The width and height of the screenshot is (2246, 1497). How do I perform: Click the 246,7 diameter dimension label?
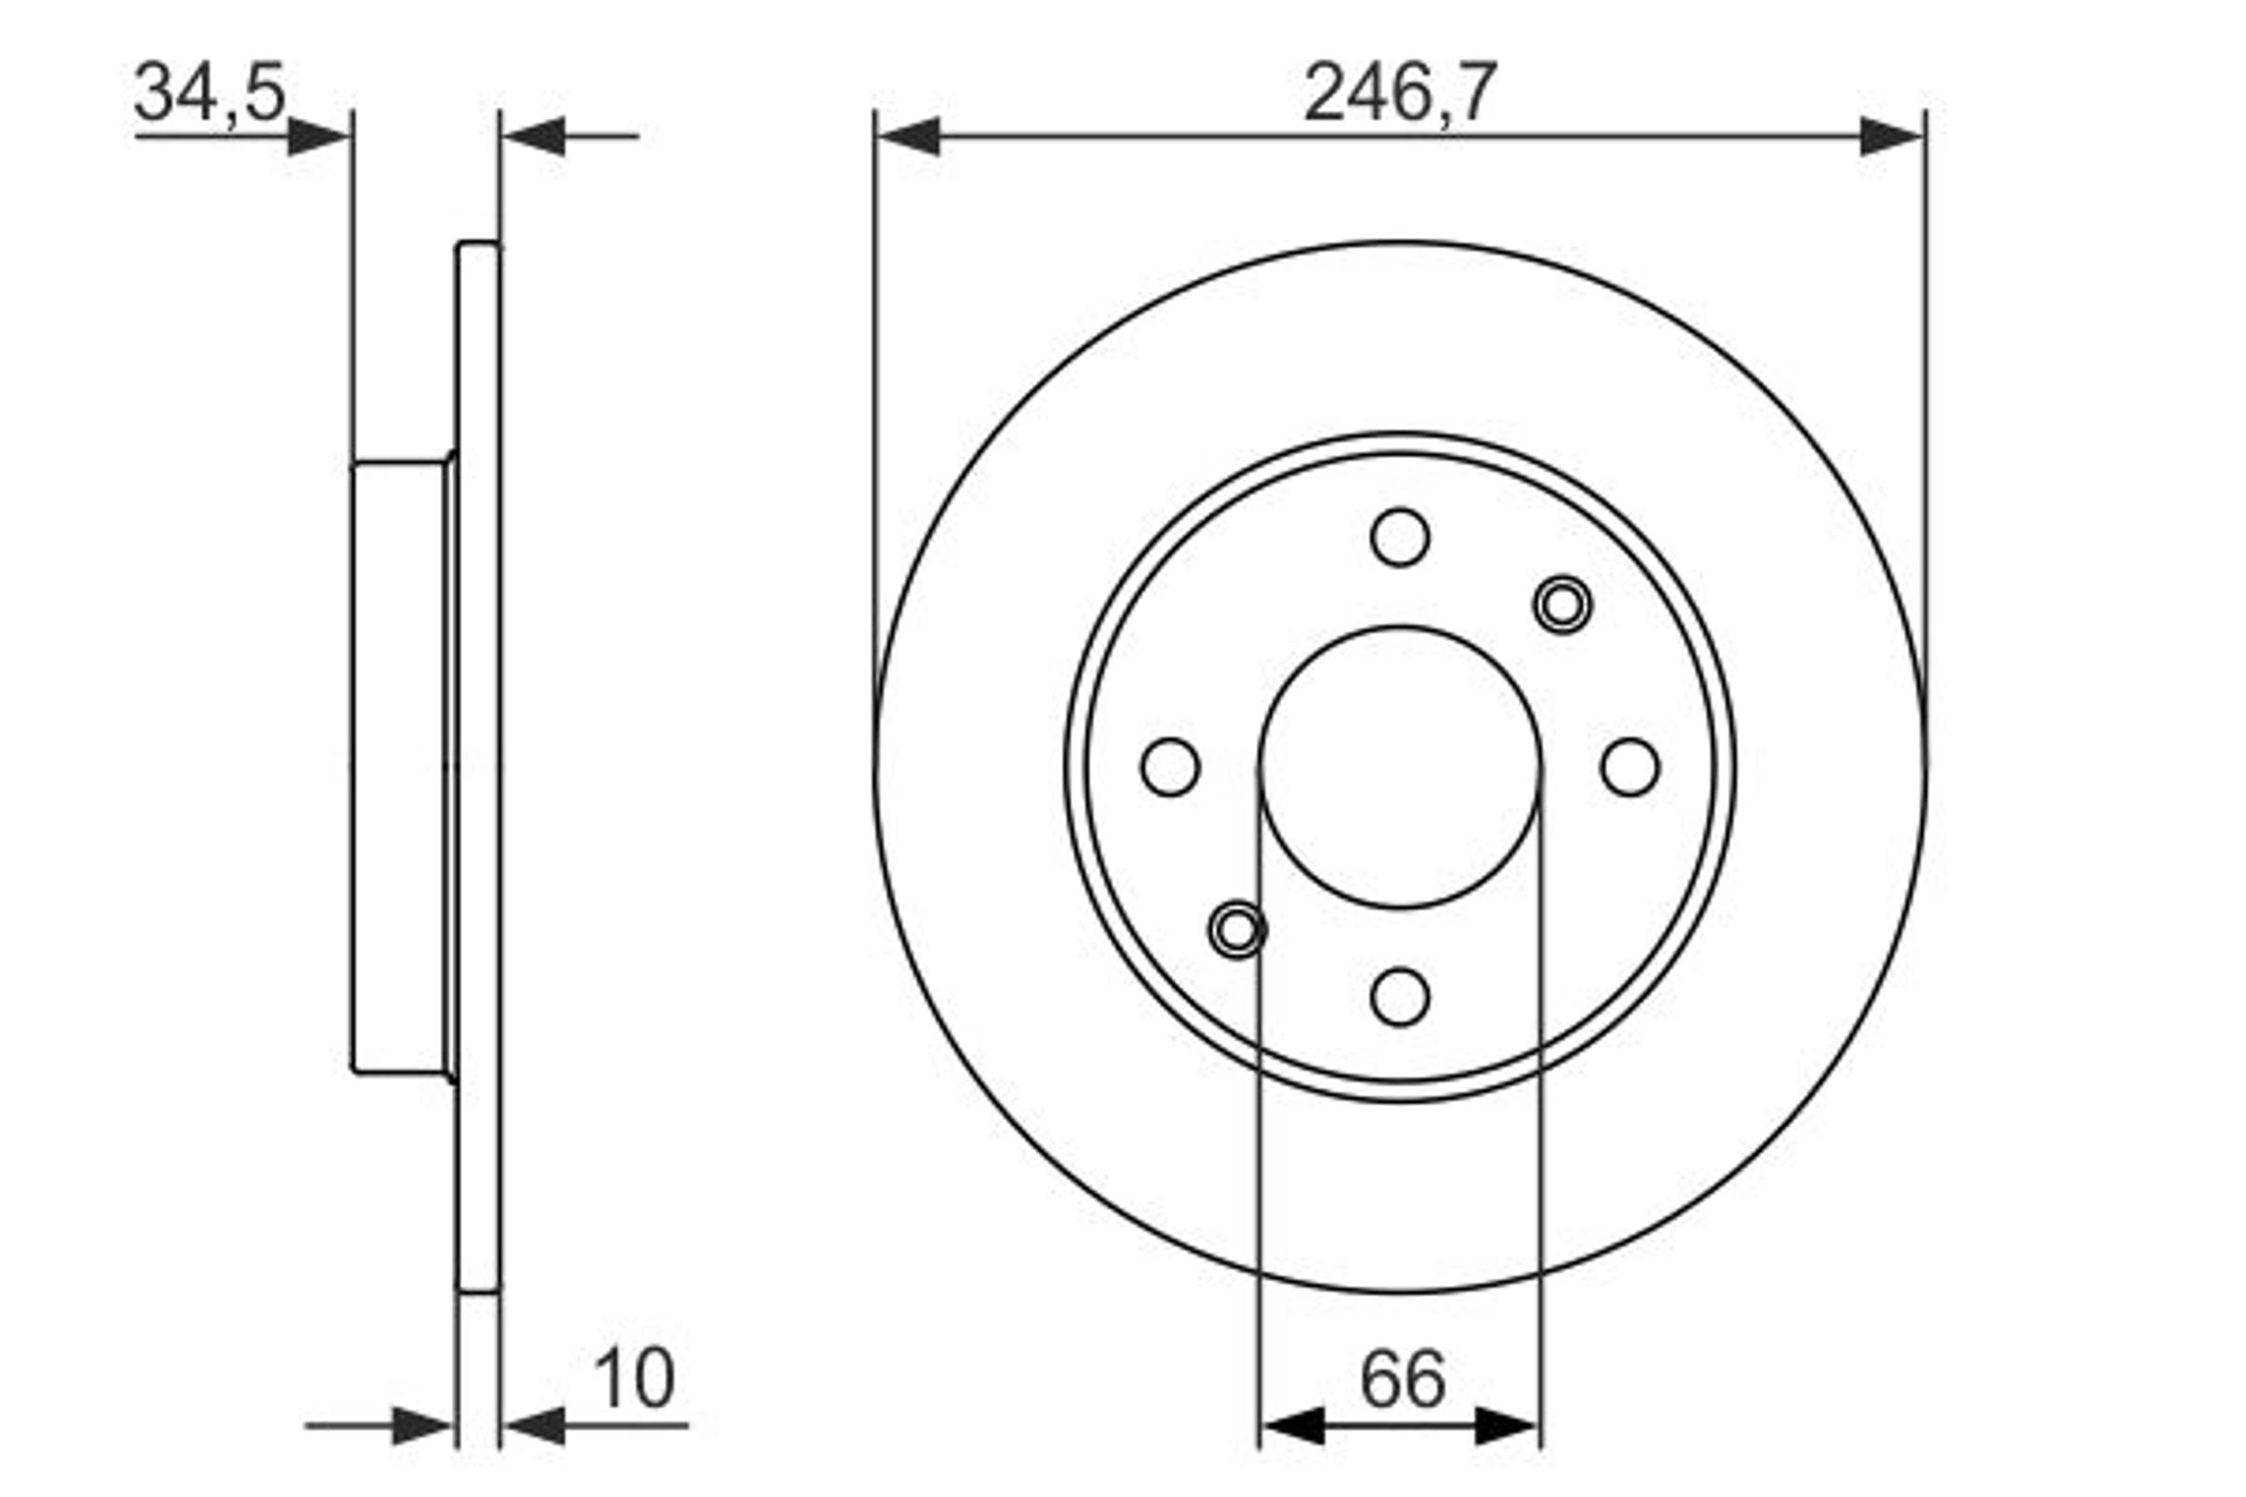1400,93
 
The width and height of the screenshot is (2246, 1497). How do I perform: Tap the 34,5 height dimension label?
210,93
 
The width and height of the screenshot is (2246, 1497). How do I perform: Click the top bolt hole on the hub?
1400,537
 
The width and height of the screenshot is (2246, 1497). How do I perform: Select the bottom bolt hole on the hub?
1400,996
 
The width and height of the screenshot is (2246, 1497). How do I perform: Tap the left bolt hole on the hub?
1171,766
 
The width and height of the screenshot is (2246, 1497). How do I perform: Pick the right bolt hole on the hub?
1630,766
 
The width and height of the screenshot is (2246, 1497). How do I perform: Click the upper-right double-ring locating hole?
1562,604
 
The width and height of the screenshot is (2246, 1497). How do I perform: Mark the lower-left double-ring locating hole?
1237,929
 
